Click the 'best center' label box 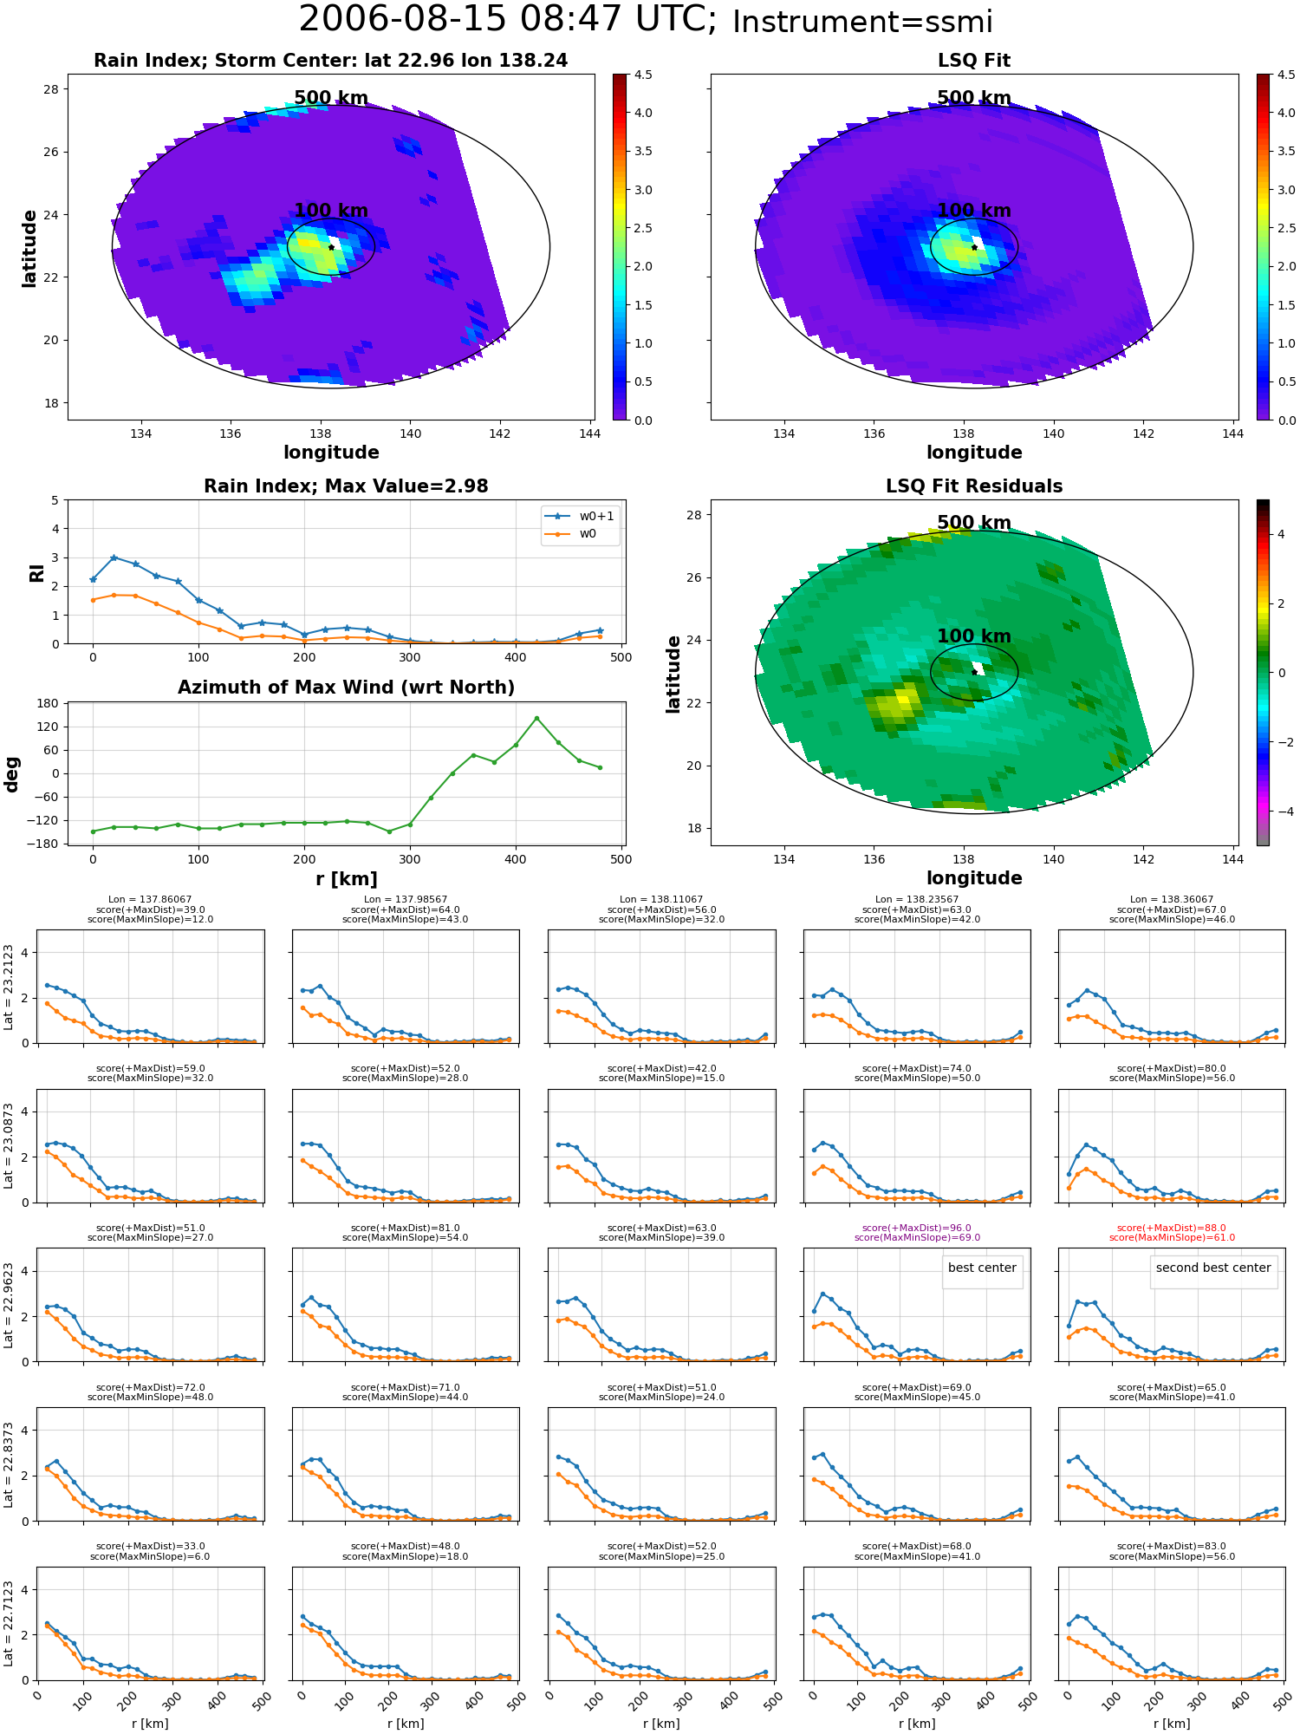[982, 1268]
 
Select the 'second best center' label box [1213, 1268]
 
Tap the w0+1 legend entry [580, 516]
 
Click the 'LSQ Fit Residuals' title [974, 486]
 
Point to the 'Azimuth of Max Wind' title [346, 688]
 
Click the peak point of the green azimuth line [536, 718]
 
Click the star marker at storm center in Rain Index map [331, 247]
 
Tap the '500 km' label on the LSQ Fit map [974, 98]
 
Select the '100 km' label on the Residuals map [974, 636]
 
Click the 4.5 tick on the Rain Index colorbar [643, 75]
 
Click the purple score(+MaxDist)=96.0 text [917, 1228]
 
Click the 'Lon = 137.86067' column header [150, 900]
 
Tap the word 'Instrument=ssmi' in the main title [862, 23]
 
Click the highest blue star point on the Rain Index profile [114, 557]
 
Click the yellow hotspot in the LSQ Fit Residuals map [901, 699]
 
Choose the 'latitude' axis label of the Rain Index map [29, 248]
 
